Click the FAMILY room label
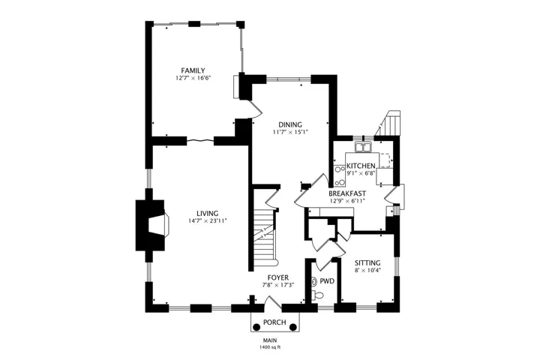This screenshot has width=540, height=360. (x=193, y=70)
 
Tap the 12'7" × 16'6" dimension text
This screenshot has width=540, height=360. (x=193, y=78)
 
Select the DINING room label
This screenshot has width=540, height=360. (x=290, y=124)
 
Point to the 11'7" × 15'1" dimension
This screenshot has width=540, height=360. (x=290, y=132)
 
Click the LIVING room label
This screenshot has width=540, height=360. (x=207, y=214)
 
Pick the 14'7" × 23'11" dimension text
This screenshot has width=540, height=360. (x=207, y=221)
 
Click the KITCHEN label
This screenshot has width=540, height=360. (x=361, y=166)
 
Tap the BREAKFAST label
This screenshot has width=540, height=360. (x=347, y=193)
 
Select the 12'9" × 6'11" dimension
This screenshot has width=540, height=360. (x=347, y=201)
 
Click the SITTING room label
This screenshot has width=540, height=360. (x=367, y=262)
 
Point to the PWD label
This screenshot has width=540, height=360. (x=327, y=281)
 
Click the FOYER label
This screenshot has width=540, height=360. (x=278, y=277)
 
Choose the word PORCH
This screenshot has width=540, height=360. (x=274, y=322)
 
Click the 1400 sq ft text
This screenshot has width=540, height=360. (x=270, y=347)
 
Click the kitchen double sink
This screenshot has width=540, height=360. (x=363, y=148)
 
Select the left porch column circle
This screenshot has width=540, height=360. (x=256, y=327)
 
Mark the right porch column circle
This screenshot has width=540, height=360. (x=292, y=327)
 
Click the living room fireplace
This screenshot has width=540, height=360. (x=152, y=225)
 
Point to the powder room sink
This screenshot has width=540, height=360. (x=313, y=282)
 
